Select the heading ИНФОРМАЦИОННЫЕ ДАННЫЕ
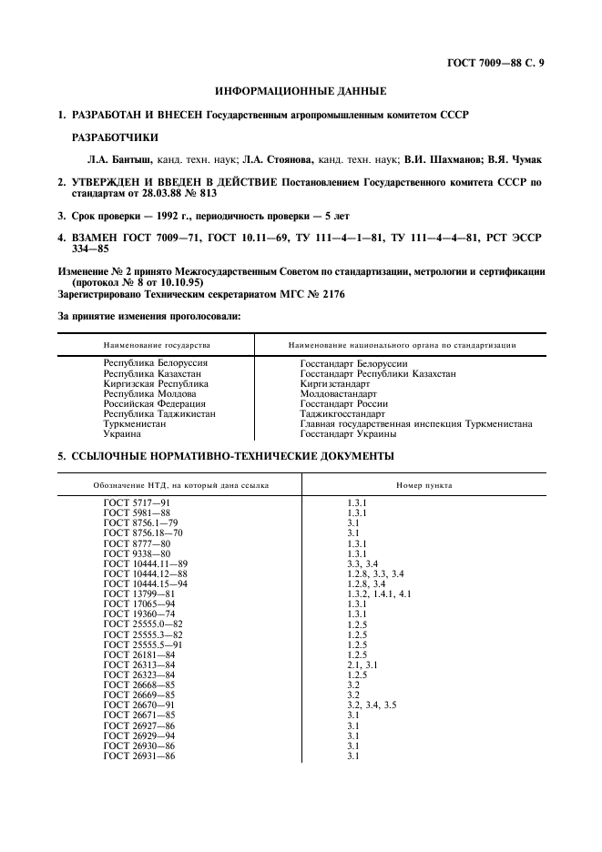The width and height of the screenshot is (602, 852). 301,91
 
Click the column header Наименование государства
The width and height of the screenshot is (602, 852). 157,346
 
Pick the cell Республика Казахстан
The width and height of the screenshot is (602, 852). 153,374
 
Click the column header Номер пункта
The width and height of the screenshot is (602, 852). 423,485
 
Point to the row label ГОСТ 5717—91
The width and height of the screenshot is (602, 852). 138,503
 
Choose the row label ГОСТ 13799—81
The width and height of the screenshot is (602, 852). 141,593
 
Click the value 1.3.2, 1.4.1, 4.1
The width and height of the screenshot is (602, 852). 379,593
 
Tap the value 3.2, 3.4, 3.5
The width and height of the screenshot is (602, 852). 372,705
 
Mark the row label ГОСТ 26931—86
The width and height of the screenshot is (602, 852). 141,756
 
